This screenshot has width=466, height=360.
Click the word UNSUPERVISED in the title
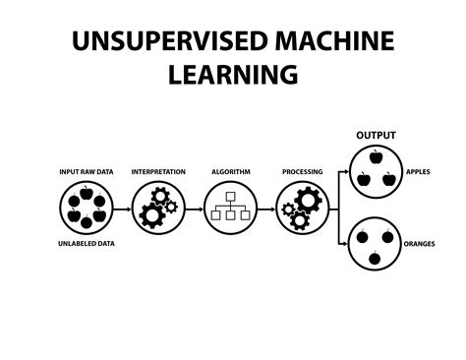(x=170, y=41)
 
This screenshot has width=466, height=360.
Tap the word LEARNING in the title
(x=233, y=74)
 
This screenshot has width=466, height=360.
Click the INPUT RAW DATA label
(x=86, y=172)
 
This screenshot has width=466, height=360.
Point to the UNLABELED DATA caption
(x=86, y=242)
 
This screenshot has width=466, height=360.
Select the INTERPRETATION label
(x=158, y=172)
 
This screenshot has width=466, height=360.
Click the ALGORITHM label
(x=230, y=172)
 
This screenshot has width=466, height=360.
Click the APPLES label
(x=418, y=172)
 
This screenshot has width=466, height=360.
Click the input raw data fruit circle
(x=86, y=208)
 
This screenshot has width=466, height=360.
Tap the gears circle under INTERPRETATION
(x=157, y=208)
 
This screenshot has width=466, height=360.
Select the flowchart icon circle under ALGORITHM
(x=230, y=208)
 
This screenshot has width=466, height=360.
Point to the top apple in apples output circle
(x=376, y=156)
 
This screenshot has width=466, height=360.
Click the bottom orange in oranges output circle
(x=376, y=258)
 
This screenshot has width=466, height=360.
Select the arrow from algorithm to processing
(x=265, y=209)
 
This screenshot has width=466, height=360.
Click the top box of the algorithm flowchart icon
(x=230, y=197)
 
